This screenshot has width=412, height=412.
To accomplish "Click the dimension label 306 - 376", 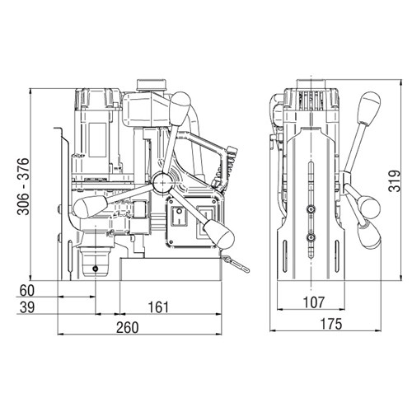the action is point(23,186).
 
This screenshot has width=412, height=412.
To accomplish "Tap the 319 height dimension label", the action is point(394,180).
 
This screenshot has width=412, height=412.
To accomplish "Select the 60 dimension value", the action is point(27,291).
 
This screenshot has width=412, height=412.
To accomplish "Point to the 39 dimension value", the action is point(27,307).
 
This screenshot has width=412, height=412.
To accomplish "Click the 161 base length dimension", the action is point(158,307).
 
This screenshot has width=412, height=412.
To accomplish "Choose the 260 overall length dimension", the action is point(128,327).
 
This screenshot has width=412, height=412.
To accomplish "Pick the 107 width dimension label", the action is point(314,302).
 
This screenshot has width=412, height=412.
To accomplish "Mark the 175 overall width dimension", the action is point(331,324).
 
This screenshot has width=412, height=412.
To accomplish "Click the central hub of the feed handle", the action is point(164,182).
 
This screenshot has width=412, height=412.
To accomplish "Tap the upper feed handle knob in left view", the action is point(180,108).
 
